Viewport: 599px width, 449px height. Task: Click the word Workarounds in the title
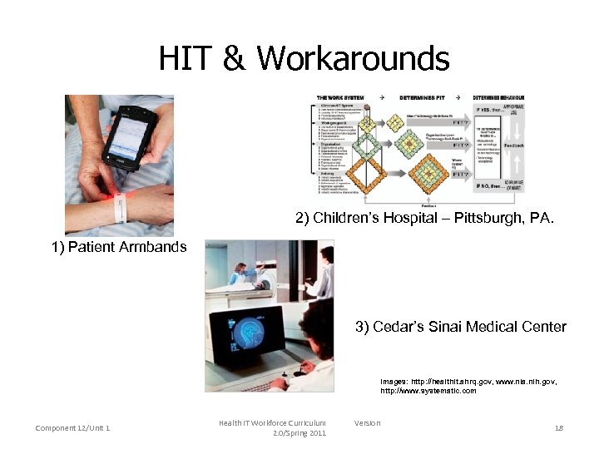point(353,59)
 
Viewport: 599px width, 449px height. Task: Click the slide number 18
point(558,428)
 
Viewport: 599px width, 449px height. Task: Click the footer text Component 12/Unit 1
point(73,428)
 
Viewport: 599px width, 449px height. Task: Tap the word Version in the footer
point(367,423)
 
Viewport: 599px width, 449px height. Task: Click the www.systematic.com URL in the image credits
point(428,391)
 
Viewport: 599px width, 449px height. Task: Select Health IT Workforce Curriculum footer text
point(272,423)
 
